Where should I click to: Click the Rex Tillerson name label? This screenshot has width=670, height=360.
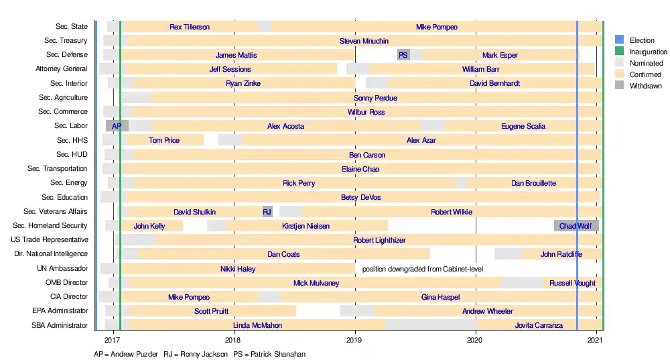coord(190,27)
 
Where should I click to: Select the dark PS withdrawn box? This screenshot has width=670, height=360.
coord(403,55)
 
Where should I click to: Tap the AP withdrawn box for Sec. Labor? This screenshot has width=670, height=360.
coord(117,126)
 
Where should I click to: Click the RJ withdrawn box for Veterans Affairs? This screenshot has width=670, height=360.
coord(267,212)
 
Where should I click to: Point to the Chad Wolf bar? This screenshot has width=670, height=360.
coord(576,226)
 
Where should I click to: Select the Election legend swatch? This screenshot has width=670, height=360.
coord(620,40)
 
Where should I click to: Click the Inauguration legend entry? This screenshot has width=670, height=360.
coord(648,52)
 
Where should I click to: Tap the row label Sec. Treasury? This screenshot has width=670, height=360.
coord(66,41)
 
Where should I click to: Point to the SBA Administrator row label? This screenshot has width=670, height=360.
coord(60,326)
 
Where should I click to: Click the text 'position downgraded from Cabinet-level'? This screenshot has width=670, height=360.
coord(423,269)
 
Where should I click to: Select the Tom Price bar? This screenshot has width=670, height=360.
coord(165,140)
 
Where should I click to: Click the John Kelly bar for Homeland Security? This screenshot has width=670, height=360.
coord(149,226)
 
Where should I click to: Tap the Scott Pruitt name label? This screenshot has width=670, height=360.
coord(212,311)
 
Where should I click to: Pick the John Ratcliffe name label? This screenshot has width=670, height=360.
coord(561,254)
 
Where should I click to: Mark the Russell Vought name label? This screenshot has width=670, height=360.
coord(572,283)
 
